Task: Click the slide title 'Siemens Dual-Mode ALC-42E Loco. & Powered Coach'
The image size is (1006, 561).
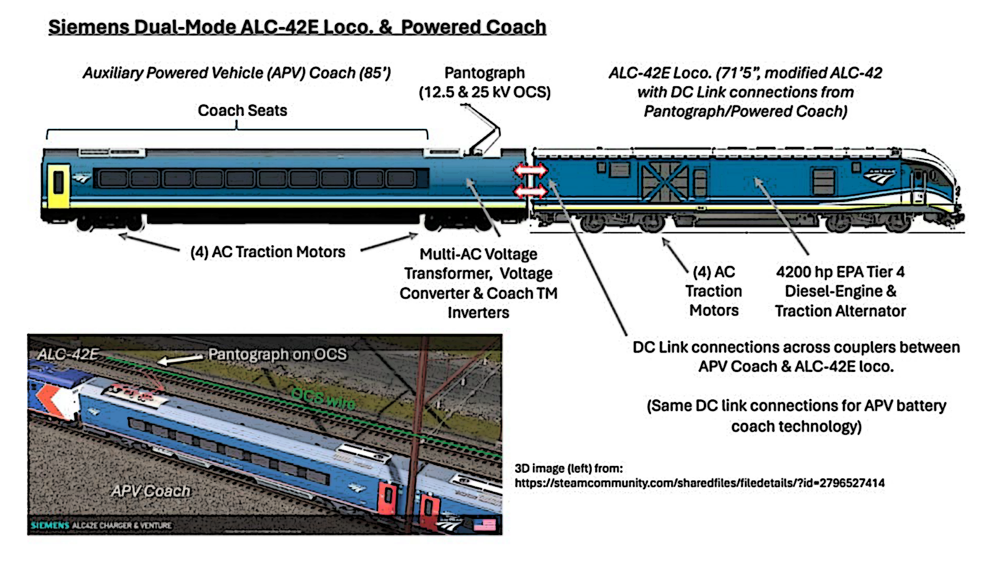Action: [x=297, y=27]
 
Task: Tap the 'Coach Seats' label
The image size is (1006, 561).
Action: [x=242, y=110]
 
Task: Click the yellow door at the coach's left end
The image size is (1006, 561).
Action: [x=58, y=185]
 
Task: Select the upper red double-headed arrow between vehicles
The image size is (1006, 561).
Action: [x=530, y=170]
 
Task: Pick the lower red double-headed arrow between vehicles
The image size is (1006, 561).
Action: [x=530, y=192]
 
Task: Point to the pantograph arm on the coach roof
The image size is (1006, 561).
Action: [x=484, y=130]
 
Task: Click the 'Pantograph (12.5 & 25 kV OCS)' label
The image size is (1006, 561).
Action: [x=485, y=83]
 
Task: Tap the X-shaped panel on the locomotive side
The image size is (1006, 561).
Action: [x=664, y=182]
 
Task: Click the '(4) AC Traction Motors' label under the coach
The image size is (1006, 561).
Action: [x=268, y=252]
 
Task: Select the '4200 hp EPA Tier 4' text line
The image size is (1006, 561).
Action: [x=840, y=272]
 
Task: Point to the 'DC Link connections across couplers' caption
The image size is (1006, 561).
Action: [x=796, y=347]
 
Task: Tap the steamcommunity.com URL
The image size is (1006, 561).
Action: [x=699, y=483]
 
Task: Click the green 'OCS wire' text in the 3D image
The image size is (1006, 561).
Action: [x=323, y=398]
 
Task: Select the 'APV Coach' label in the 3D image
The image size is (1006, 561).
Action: [x=151, y=491]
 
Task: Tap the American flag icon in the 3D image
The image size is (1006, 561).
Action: [x=484, y=525]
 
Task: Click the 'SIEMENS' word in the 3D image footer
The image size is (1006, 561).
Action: [x=50, y=525]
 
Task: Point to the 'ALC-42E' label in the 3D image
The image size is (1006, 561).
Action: [x=68, y=354]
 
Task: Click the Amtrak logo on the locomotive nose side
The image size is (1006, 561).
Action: [x=880, y=177]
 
